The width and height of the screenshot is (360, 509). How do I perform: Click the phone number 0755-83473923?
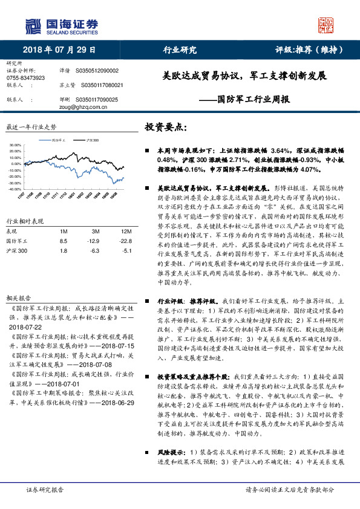coord(25,78)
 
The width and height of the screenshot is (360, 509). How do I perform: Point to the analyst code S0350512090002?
coord(97,71)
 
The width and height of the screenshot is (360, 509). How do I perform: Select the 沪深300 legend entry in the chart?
coord(92,140)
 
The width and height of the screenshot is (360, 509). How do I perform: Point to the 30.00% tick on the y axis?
coord(15,145)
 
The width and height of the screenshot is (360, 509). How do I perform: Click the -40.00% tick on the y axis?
coord(15,189)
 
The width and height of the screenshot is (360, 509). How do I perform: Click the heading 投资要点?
coord(166,128)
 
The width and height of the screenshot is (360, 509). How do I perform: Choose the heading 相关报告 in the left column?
coord(17,298)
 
